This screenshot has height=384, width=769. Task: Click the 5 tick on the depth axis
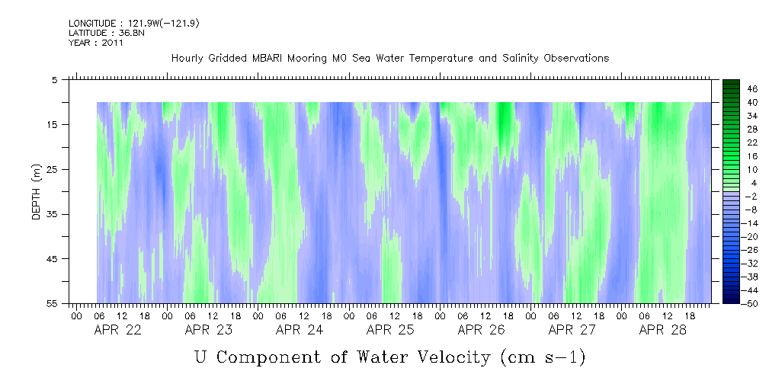55,80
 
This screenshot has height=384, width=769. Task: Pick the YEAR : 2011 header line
96,43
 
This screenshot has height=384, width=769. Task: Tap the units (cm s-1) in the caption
543,357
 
